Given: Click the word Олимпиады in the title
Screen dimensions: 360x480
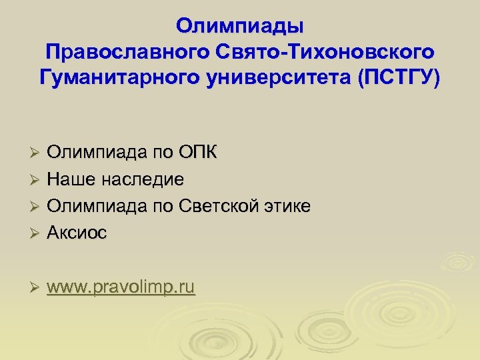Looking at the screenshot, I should pyautogui.click(x=240, y=26).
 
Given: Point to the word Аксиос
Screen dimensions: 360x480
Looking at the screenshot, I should pyautogui.click(x=79, y=233).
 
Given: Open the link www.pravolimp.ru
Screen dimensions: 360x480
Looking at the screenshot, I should pyautogui.click(x=121, y=288).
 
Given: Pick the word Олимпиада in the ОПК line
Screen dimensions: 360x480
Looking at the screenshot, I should pyautogui.click(x=94, y=153).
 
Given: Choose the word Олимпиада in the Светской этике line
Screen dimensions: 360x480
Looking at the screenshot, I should pyautogui.click(x=94, y=206).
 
